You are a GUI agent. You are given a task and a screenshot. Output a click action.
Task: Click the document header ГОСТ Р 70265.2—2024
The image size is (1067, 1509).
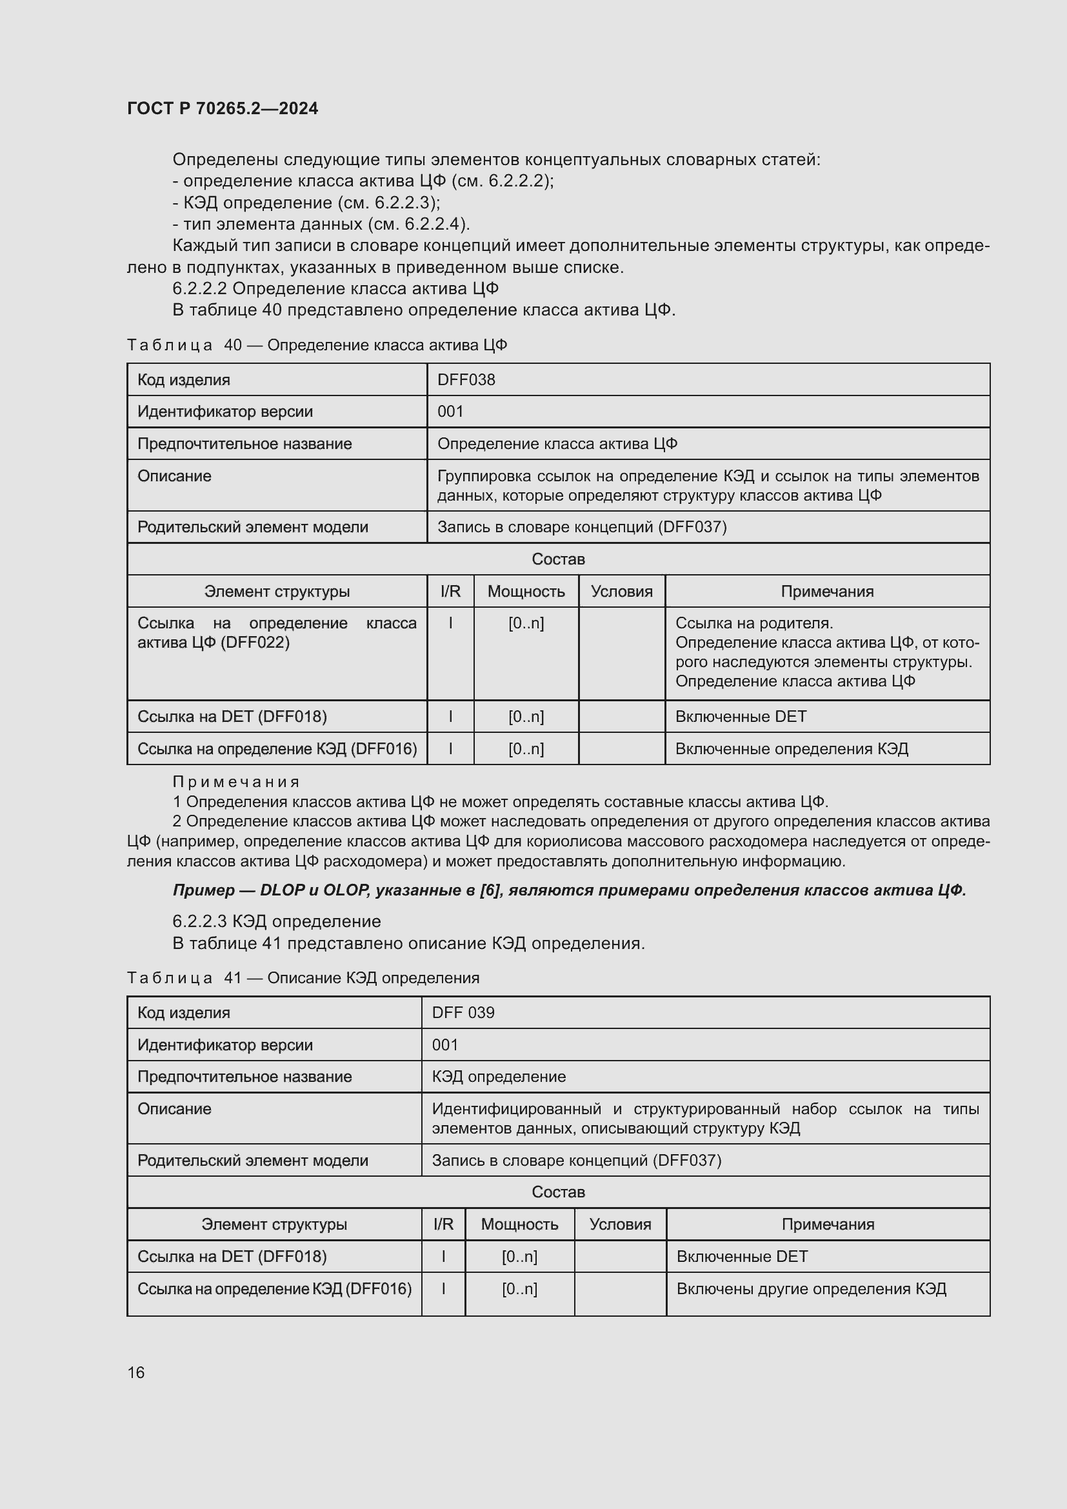pos(222,108)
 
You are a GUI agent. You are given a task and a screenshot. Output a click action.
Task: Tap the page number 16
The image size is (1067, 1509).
pos(136,1372)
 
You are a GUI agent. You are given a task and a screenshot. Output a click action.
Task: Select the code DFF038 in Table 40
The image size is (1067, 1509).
pos(466,380)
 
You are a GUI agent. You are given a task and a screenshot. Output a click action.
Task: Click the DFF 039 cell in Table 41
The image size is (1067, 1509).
pos(463,1013)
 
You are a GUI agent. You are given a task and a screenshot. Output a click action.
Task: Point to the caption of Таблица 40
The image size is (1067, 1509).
pos(317,345)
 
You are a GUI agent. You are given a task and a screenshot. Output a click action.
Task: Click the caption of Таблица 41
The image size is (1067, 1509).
pos(303,978)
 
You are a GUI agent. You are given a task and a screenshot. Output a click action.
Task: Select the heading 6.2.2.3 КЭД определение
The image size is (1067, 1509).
pos(277,921)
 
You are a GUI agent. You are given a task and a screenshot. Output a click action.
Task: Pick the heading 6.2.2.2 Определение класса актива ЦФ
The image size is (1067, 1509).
pos(335,288)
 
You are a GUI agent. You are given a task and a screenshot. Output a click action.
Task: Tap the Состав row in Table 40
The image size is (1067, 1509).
pos(558,559)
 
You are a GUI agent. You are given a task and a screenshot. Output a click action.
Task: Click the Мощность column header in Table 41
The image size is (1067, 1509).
pos(519,1224)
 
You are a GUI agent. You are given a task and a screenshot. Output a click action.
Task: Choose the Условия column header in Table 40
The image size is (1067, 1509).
pos(621,592)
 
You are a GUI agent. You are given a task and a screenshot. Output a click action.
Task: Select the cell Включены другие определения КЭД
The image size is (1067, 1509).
pos(811,1289)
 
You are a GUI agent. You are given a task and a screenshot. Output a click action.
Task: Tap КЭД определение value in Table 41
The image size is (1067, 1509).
pos(499,1077)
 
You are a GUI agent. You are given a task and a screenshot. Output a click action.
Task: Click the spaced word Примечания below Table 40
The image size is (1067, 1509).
pos(236,782)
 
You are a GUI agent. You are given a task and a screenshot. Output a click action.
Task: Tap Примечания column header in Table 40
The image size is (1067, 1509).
pos(826,592)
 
